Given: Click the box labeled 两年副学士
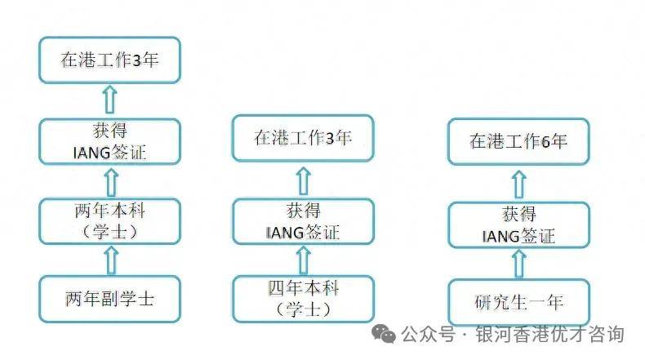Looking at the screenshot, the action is pos(110,299).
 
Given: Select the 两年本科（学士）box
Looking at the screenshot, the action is pos(110,221).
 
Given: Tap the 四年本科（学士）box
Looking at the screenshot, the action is pos(303,299).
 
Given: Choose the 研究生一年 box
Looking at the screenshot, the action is pos(518,302).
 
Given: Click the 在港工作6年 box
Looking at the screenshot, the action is pos(518,141).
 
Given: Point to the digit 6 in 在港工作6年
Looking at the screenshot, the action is pos(545,142).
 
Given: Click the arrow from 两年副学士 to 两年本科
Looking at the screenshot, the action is pos(111,260).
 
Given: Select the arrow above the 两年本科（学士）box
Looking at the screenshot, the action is pos(111,183).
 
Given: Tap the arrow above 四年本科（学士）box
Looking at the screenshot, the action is pos(304,260).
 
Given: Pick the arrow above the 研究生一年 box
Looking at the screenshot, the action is pos(518,264).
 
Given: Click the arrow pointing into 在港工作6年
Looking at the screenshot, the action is pos(518,184).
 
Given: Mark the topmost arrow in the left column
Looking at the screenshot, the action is pos(109,99).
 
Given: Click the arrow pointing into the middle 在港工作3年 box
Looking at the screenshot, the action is pos(304,181).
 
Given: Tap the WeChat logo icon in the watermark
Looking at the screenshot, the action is pos(384,333).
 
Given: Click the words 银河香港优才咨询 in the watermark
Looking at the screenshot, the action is pos(550,334).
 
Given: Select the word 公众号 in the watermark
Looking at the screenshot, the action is pos(428,334).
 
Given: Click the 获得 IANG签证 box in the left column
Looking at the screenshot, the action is pos(110,142).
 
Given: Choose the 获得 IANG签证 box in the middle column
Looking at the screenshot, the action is pos(303,222).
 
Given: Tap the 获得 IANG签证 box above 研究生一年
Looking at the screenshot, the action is pos(518,225).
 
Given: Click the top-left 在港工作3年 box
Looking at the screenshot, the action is pos(110,60).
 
